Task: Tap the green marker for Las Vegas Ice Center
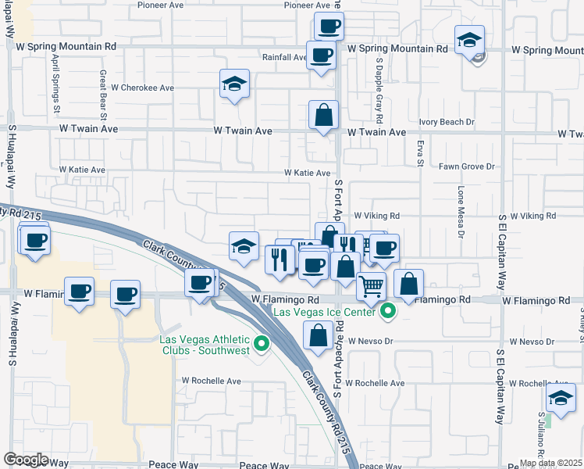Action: click(x=386, y=313)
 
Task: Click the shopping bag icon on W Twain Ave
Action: click(x=323, y=116)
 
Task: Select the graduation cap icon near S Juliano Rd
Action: click(x=561, y=397)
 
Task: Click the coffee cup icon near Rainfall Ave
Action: click(x=321, y=55)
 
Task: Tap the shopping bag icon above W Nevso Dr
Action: click(x=318, y=337)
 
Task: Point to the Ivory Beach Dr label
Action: click(x=447, y=122)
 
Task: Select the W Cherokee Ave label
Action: click(x=142, y=88)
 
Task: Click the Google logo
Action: click(x=26, y=460)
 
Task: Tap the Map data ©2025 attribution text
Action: click(x=550, y=463)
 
